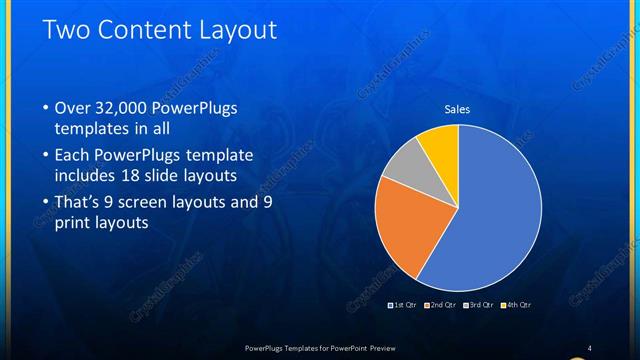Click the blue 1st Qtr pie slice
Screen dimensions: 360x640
click(x=495, y=200)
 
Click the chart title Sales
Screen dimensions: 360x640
click(x=457, y=109)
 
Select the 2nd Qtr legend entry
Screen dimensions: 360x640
click(x=442, y=304)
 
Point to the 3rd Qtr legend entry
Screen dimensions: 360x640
click(x=482, y=304)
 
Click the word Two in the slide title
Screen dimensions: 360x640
click(x=69, y=30)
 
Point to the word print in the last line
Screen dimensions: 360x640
click(x=69, y=224)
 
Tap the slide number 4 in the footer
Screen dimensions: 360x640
click(x=590, y=347)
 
